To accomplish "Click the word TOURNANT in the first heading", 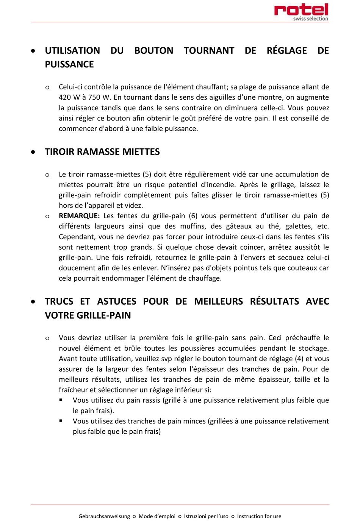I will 209,51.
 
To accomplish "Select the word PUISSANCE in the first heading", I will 69,64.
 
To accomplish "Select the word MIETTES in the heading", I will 142,152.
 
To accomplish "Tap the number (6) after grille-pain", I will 193,216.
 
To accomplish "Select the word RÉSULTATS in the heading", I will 274,302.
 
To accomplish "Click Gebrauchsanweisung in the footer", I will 104,516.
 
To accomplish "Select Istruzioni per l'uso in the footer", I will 206,516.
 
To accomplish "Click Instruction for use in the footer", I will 259,516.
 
